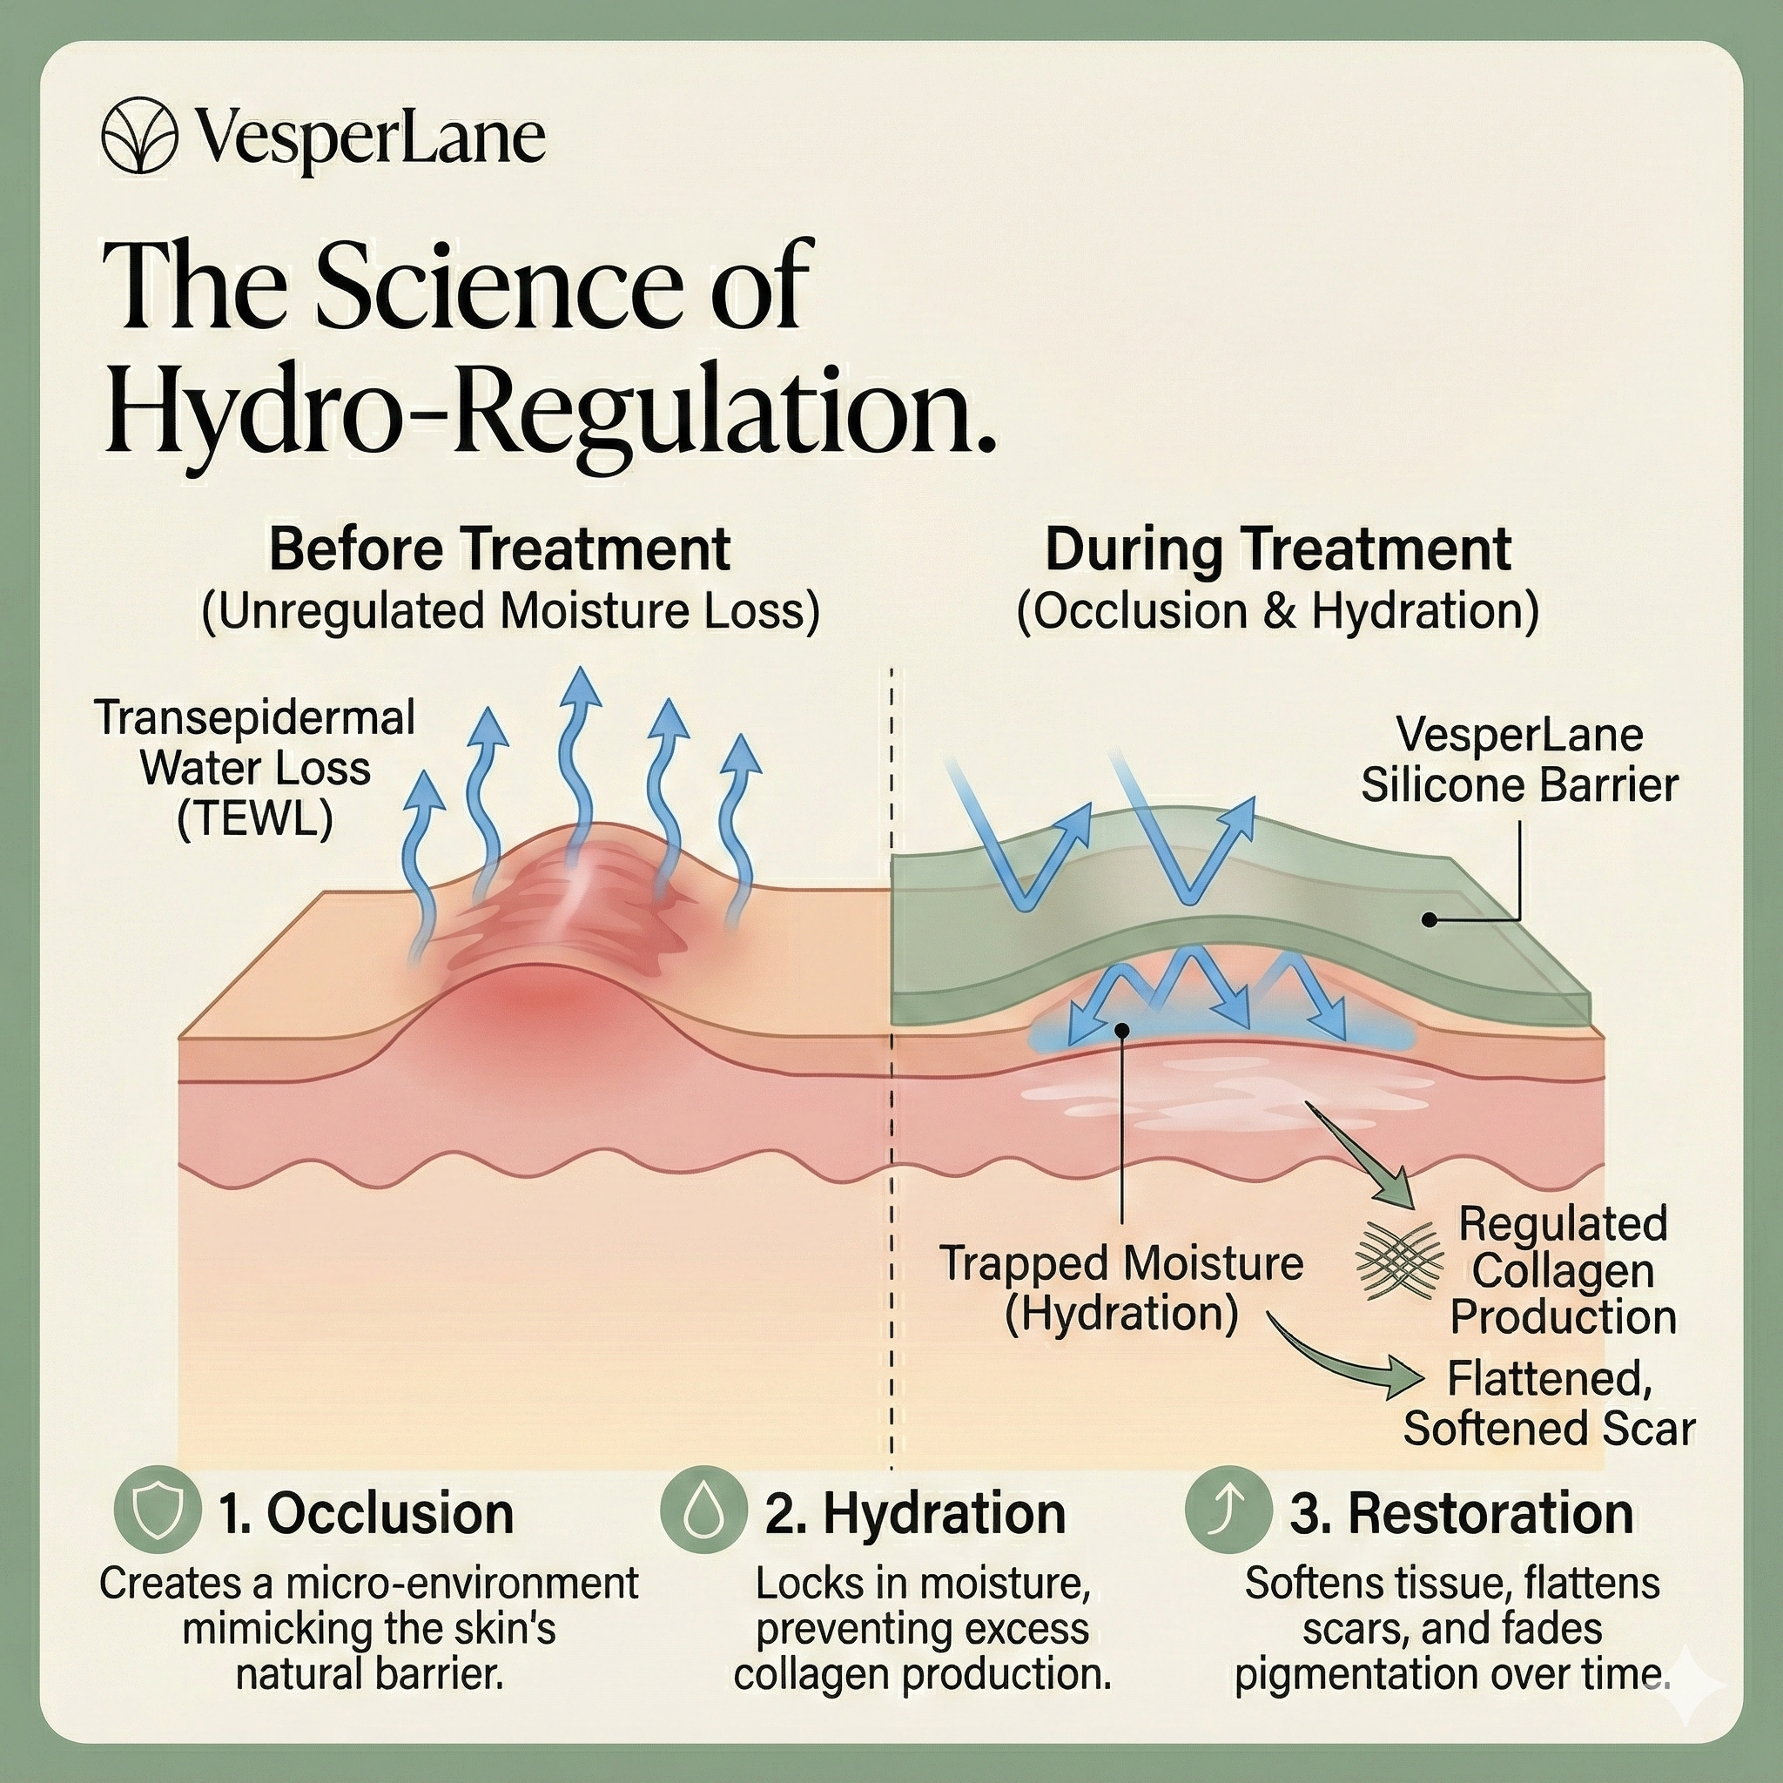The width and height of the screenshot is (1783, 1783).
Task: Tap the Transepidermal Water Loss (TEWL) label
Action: click(255, 768)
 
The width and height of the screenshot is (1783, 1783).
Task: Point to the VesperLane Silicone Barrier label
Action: click(1519, 760)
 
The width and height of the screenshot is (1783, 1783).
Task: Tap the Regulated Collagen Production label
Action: click(1563, 1270)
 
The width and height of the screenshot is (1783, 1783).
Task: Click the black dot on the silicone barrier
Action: click(1429, 919)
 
